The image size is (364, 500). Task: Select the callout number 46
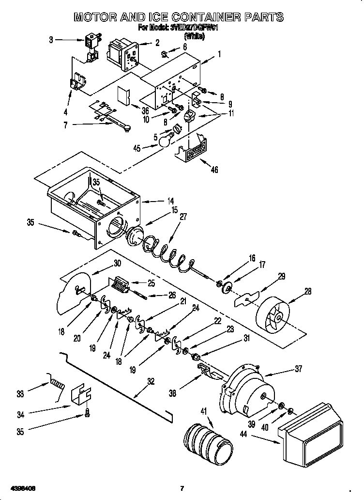[x=214, y=170]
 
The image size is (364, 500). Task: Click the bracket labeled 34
[x=81, y=396]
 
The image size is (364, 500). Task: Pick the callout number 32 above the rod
[x=151, y=382]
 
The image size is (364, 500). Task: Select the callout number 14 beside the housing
[x=171, y=200]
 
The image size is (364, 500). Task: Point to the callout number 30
[x=117, y=264]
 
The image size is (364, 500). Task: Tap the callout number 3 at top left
[x=51, y=40]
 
